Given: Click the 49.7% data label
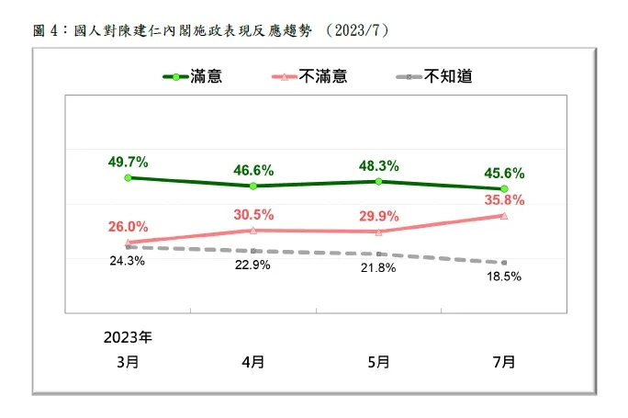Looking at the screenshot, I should (x=128, y=163).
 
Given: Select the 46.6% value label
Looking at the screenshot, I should (x=254, y=170).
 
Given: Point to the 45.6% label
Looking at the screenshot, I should (x=505, y=173).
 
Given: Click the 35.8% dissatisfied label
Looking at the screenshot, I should (x=505, y=199).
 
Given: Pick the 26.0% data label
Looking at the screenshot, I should (x=128, y=227).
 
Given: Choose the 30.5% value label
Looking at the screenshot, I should (x=254, y=214).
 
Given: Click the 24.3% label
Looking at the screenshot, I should (x=128, y=261).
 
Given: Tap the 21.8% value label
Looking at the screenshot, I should (x=378, y=267).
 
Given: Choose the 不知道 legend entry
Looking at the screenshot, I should (x=448, y=77).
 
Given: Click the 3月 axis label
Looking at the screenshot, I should (x=129, y=361).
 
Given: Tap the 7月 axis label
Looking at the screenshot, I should (x=504, y=361).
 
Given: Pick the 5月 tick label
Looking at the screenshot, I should (x=378, y=361).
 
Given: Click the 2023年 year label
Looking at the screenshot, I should (x=128, y=336).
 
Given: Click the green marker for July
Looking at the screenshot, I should (x=505, y=188).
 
